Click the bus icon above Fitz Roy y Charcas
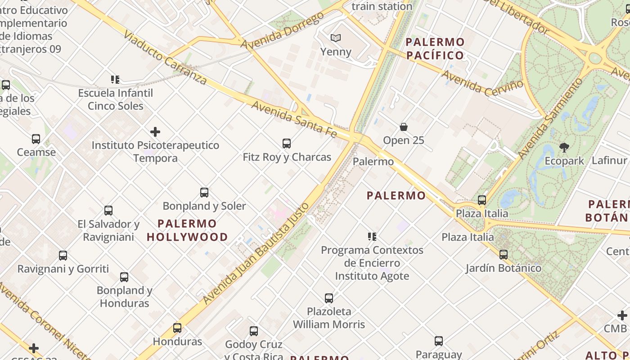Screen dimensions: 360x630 point(286,144)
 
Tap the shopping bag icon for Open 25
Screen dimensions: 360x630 point(404,127)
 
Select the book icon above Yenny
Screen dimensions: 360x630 point(336,38)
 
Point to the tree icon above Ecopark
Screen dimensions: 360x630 point(564,147)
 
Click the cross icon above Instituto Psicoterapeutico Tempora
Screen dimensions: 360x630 point(155,132)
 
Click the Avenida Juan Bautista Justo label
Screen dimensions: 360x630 point(256,253)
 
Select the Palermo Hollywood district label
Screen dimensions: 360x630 point(187,230)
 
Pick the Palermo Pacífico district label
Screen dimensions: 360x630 point(435,49)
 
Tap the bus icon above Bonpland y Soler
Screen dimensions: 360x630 point(204,193)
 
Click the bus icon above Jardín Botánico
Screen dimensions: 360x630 point(503,255)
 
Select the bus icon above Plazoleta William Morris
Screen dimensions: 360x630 point(329,298)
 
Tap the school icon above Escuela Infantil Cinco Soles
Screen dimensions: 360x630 point(115,80)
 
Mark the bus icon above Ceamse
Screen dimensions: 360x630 point(36,139)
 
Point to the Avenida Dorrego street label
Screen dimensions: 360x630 point(282,31)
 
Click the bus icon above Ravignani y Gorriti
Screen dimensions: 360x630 point(63,256)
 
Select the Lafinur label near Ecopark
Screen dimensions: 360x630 point(610,161)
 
